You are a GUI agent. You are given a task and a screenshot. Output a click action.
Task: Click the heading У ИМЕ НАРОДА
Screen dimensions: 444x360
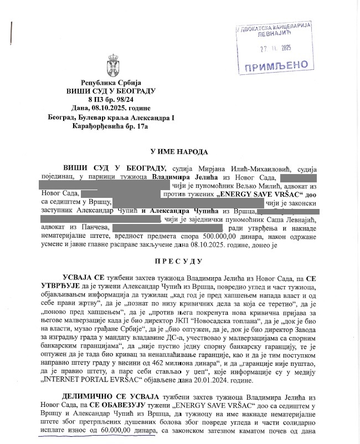[x=179, y=151]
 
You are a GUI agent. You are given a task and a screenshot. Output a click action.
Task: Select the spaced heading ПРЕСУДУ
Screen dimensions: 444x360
[x=180, y=261]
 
